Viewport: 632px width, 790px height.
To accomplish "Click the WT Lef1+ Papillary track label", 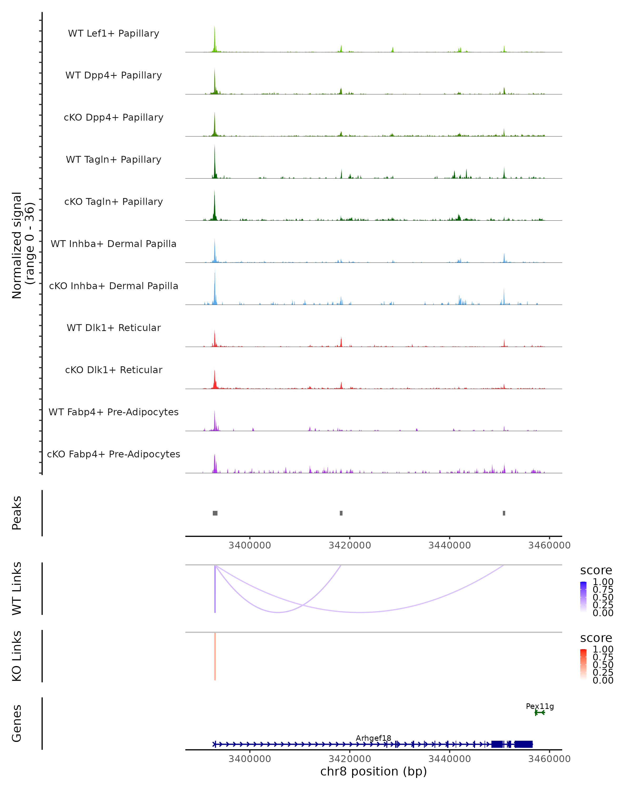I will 113,33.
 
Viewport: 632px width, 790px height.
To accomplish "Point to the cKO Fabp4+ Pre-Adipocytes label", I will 113,454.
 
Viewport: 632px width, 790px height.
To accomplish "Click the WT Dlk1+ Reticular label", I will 113,328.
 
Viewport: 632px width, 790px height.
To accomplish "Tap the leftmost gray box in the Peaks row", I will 215,513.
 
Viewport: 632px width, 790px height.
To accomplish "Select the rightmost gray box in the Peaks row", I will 504,513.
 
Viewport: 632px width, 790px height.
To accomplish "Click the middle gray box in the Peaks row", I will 341,513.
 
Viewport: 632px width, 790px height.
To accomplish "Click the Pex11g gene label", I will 540,706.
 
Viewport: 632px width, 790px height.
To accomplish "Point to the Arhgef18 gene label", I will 373,738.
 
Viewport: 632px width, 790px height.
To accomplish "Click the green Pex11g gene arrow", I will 539,713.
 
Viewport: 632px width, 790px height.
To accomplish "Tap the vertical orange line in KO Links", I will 215,656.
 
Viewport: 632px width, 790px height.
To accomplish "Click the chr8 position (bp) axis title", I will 373,772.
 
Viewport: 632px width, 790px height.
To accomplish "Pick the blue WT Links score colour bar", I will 583,596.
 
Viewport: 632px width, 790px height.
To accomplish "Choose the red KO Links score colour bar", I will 583,664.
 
